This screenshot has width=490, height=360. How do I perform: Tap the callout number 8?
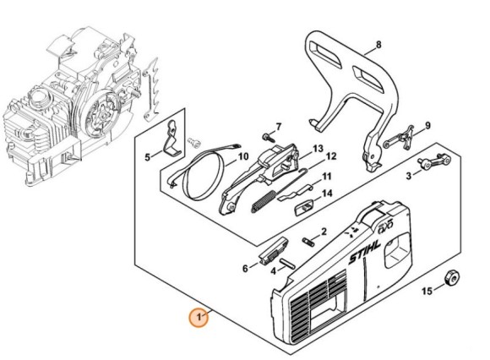pyautogui.click(x=378, y=45)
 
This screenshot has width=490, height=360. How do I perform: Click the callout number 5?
pyautogui.click(x=146, y=156)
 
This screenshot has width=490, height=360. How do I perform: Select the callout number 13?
pyautogui.click(x=318, y=148)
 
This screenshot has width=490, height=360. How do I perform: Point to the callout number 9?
pyautogui.click(x=427, y=126)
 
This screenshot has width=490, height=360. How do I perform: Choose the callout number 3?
pyautogui.click(x=408, y=176)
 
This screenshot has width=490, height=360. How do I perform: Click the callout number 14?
pyautogui.click(x=326, y=194)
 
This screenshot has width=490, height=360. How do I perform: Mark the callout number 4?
pyautogui.click(x=274, y=270)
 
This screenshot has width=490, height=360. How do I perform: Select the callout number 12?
pyautogui.click(x=331, y=156)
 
